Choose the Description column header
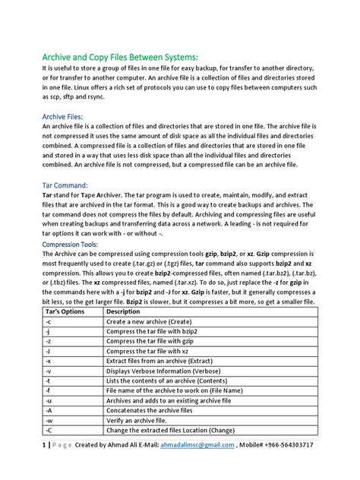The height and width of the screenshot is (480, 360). point(123,311)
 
